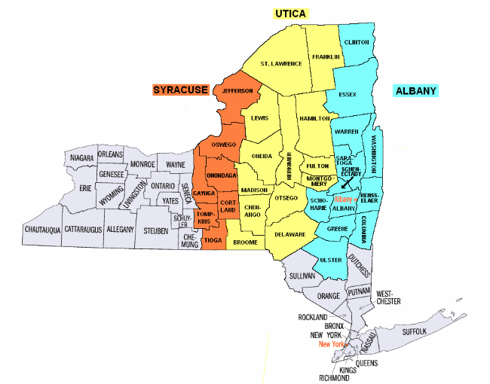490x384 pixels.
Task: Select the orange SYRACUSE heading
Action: pos(180,90)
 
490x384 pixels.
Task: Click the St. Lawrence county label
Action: pos(281,63)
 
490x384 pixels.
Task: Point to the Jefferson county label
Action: pos(237,91)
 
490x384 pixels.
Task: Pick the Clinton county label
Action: pos(356,43)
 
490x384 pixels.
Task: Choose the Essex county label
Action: pos(348,95)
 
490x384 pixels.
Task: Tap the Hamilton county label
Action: pos(314,119)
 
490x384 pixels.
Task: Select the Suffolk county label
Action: pos(415,331)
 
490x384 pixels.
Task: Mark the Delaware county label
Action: pos(290,235)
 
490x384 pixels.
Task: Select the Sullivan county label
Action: pos(302,277)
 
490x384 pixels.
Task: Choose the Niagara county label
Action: pos(81,158)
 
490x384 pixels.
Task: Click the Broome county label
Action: pos(245,242)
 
